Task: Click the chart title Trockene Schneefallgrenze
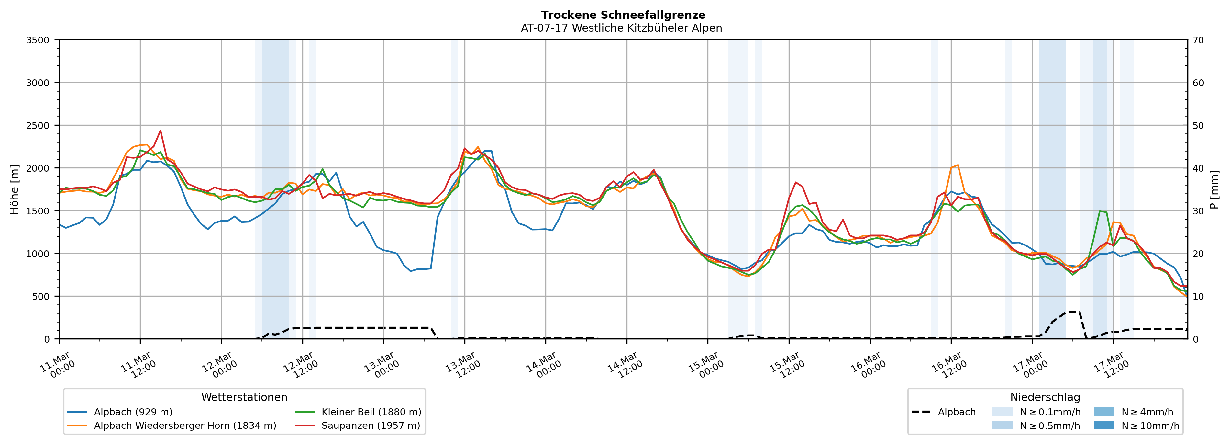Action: click(623, 15)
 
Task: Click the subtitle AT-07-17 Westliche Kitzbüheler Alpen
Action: click(621, 28)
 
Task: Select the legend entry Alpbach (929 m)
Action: click(133, 412)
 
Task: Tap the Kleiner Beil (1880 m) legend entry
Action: click(371, 412)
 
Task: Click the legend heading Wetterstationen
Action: click(244, 397)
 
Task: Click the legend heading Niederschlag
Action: click(1045, 397)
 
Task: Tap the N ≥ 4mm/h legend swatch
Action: click(1103, 412)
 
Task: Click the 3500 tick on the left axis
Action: click(38, 40)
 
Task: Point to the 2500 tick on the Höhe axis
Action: click(38, 126)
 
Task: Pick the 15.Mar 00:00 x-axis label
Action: click(704, 366)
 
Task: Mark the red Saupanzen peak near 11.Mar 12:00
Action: click(161, 131)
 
